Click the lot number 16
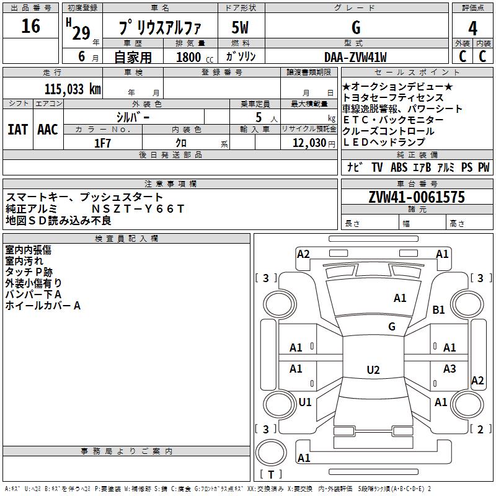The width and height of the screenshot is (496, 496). [x=30, y=26]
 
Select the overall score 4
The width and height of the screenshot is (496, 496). [x=472, y=29]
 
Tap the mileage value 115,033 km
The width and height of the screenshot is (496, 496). [x=73, y=89]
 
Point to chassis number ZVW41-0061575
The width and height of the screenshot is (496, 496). [x=417, y=197]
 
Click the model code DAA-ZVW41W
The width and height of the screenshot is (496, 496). [x=355, y=57]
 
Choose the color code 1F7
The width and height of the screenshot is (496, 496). [x=102, y=143]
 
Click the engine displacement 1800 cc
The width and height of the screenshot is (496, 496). [x=195, y=57]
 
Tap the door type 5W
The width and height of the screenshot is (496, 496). [x=240, y=28]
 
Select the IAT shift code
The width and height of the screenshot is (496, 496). [x=18, y=130]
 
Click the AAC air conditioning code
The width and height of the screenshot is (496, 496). [x=48, y=130]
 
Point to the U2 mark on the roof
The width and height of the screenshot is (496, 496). [x=373, y=370]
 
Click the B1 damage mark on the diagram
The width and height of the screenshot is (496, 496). [x=438, y=309]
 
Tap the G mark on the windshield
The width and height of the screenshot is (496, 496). [x=392, y=327]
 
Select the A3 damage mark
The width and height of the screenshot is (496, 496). [x=449, y=368]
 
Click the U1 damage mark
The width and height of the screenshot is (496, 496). [x=305, y=402]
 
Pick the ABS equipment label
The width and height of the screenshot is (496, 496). [x=399, y=167]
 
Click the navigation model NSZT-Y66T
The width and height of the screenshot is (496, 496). [x=138, y=209]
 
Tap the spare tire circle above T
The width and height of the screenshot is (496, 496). [x=271, y=453]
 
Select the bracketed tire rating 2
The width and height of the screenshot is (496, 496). [x=480, y=429]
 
